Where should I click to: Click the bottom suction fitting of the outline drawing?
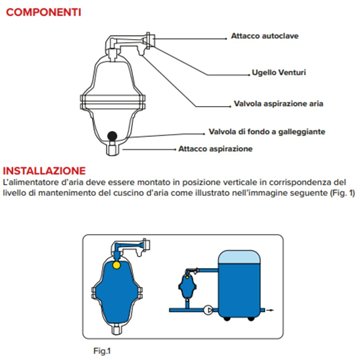(116, 146)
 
